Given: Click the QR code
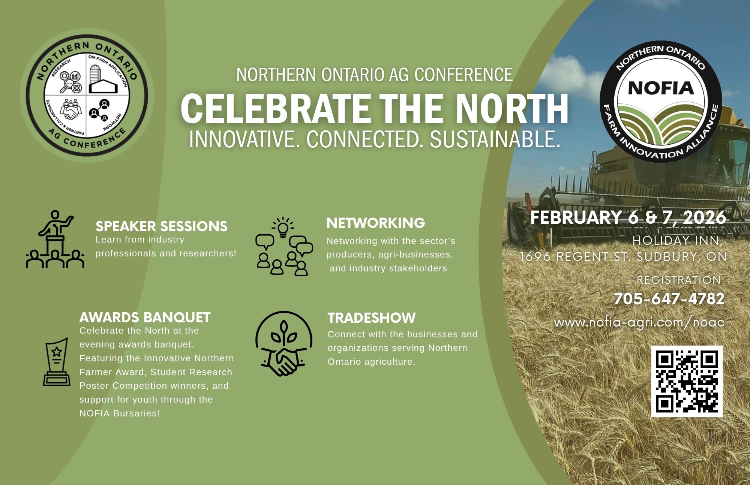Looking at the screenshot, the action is point(687,381).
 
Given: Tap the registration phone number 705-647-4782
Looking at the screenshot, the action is point(669,299).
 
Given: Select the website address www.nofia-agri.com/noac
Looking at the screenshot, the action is point(639,323).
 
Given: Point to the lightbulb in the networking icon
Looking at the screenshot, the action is point(283,228).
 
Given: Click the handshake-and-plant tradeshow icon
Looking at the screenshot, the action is point(284,343).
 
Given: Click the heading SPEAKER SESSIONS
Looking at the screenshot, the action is point(162,226).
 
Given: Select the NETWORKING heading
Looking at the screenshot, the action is point(376,223).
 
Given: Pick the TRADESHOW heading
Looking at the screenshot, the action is point(372,318).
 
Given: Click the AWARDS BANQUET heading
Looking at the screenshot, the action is point(145,317).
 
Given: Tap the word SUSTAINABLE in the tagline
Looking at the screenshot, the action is point(495,139).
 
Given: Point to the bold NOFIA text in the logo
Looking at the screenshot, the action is point(661,88).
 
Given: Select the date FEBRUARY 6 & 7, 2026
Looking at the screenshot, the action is point(628,218).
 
